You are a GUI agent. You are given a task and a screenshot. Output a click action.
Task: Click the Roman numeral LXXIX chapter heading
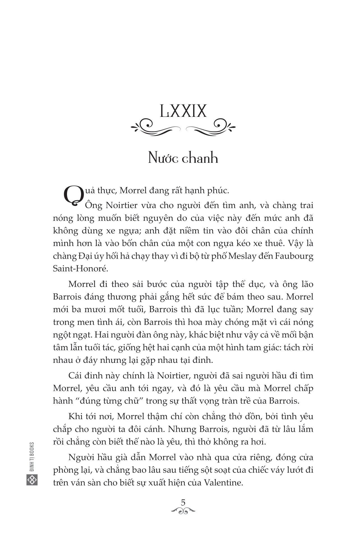pos(183,111)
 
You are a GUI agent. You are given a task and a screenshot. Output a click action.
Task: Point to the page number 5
pos(183,502)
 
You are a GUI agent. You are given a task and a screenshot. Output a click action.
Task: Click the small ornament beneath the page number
pos(183,510)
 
